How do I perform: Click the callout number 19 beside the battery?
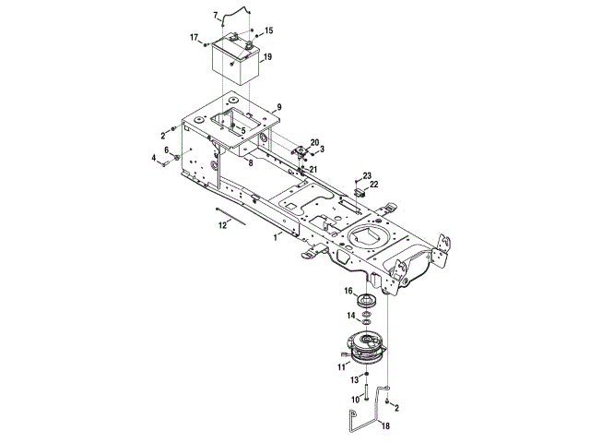[x=267, y=57]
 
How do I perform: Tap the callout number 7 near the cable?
[x=216, y=15]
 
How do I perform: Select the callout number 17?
[x=195, y=37]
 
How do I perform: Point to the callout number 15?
[x=269, y=30]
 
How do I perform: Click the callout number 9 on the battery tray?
[x=277, y=108]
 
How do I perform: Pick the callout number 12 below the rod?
[x=221, y=224]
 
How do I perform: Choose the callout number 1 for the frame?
[x=275, y=237]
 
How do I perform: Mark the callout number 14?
[x=349, y=316]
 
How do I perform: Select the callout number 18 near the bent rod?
[x=386, y=425]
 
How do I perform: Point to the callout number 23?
[x=366, y=175]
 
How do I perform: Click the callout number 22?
[x=374, y=186]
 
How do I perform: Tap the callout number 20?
[x=314, y=142]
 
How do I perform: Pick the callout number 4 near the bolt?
[x=155, y=159]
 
